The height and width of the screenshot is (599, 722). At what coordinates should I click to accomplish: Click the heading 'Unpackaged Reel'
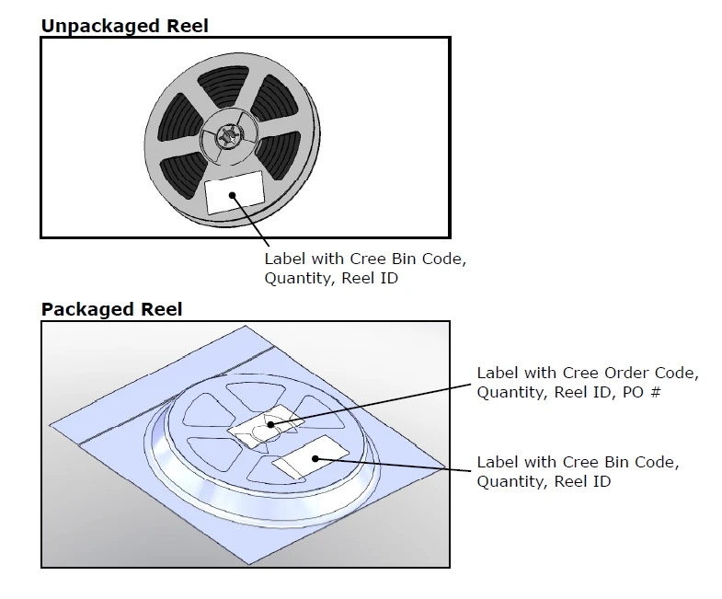point(124,26)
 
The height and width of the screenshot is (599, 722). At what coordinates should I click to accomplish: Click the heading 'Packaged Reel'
point(111,309)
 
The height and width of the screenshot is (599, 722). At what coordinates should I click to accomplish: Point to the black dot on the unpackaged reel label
point(235,195)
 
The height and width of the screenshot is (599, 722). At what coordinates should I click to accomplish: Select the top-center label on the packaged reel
point(265,425)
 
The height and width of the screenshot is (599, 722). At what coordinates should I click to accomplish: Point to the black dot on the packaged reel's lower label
point(315,457)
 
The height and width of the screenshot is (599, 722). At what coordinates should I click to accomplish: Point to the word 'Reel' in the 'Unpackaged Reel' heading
point(187,26)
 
